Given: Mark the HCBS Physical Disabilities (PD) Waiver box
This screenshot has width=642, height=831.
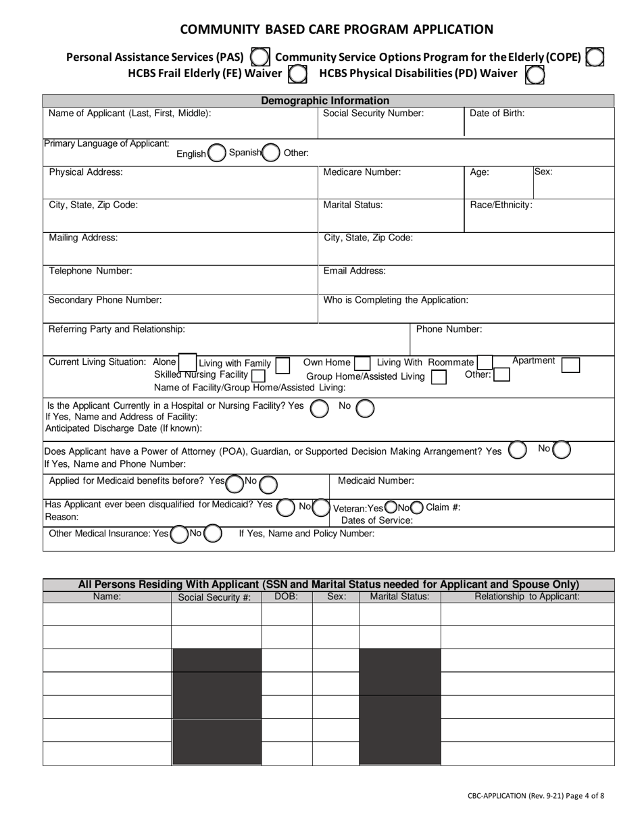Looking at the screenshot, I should tap(535, 74).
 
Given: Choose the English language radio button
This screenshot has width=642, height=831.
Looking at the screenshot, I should tap(217, 153).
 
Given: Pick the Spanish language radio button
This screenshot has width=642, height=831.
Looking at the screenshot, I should tap(270, 153).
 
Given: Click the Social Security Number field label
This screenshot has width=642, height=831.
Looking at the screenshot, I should tap(373, 114).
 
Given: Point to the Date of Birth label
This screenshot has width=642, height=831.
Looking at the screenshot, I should tap(497, 114).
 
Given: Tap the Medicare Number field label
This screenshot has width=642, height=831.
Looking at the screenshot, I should tap(362, 172).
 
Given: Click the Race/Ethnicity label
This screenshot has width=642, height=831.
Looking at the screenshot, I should tap(501, 205).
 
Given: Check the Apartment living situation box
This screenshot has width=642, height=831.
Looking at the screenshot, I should tap(571, 365).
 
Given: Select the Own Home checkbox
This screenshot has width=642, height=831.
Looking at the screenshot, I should tap(362, 364).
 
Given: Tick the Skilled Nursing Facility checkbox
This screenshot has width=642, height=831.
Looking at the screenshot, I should tap(257, 375).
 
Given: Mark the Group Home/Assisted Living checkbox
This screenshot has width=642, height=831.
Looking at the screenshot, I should tap(439, 377).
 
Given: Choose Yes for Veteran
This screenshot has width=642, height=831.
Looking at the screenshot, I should tap(391, 507).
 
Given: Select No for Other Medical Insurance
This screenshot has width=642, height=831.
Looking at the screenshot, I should tap(212, 534).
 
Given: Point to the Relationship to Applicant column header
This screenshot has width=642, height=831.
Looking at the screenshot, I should tap(527, 597).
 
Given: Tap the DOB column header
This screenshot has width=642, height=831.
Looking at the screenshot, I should tap(287, 597).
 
